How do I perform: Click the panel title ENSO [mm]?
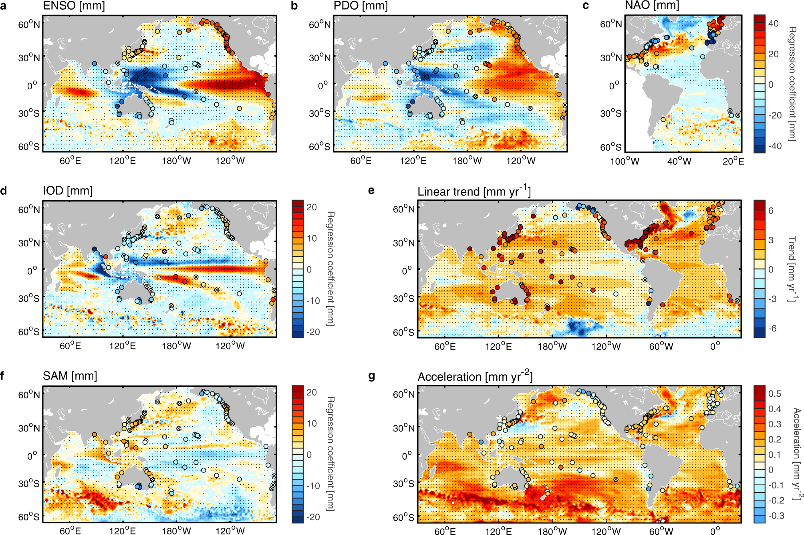pyautogui.click(x=74, y=6)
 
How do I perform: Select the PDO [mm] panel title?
pyautogui.click(x=361, y=6)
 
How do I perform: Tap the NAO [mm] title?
pyautogui.click(x=652, y=5)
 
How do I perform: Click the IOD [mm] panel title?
pyautogui.click(x=68, y=191)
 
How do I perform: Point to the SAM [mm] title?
pyautogui.click(x=70, y=376)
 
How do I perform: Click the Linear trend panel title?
pyautogui.click(x=474, y=191)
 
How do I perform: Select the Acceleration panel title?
pyautogui.click(x=475, y=376)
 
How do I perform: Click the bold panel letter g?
pyautogui.click(x=371, y=376)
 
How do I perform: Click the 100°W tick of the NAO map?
pyautogui.click(x=625, y=162)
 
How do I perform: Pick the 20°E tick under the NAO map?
pyautogui.click(x=733, y=162)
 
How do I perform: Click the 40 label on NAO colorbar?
pyautogui.click(x=773, y=24)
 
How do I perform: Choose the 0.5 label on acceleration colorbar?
pyautogui.click(x=774, y=394)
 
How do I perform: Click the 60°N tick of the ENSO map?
pyautogui.click(x=29, y=24)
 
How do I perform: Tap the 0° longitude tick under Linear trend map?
pyautogui.click(x=715, y=346)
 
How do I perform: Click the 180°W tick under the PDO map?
pyautogui.click(x=467, y=161)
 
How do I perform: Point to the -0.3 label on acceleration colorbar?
pyautogui.click(x=776, y=515)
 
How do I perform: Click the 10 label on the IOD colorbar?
pyautogui.click(x=312, y=238)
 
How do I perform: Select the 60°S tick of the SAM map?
pyautogui.click(x=29, y=517)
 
